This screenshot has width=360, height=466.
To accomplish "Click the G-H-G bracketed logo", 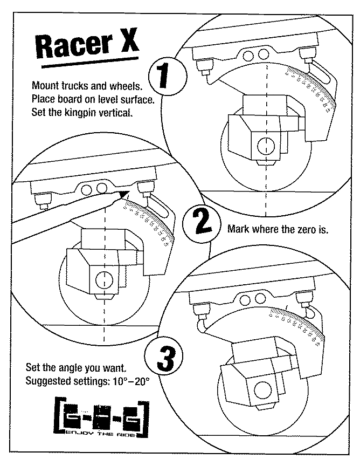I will click(101, 414).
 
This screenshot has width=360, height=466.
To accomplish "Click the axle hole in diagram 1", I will click(265, 145).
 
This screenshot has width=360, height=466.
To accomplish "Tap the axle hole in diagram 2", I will click(101, 278).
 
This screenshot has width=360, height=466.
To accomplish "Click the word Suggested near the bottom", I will click(49, 381).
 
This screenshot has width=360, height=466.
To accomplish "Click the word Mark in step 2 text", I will click(238, 228).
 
